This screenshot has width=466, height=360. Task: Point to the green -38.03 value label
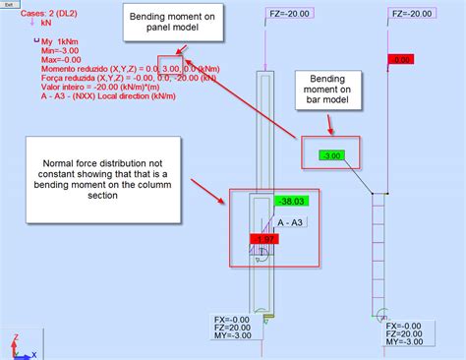coord(292,201)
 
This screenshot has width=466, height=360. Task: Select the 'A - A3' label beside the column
coord(292,222)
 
